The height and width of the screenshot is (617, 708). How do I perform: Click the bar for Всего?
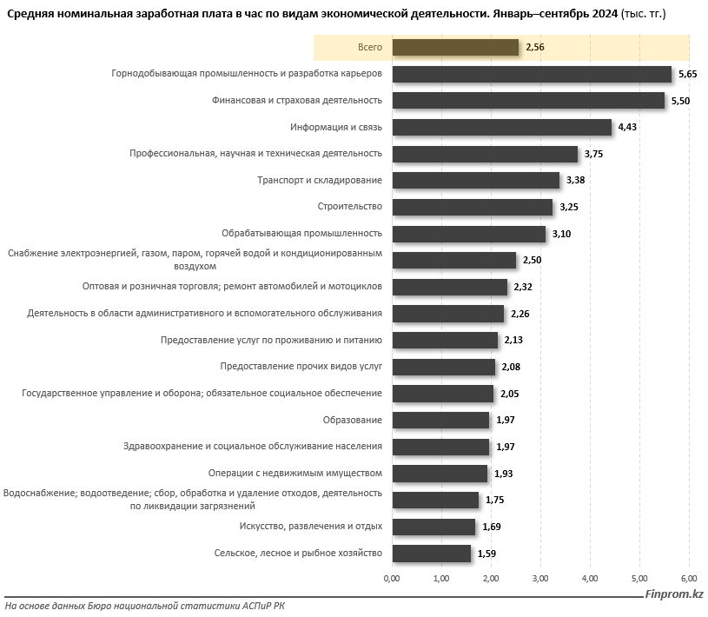tap(455, 48)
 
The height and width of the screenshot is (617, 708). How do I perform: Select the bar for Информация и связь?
tap(502, 127)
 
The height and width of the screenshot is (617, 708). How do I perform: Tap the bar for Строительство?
tap(473, 207)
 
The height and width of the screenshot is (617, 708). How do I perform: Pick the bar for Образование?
tap(440, 421)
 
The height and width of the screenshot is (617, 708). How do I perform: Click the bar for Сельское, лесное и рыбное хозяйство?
tap(431, 554)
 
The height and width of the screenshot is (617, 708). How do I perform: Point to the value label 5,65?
tap(688, 75)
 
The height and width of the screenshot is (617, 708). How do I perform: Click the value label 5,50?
tap(680, 102)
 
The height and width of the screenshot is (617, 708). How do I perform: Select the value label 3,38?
tap(575, 181)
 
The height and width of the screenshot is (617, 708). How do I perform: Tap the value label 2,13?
tap(513, 341)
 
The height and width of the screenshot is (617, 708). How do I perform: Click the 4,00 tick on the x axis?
tap(590, 578)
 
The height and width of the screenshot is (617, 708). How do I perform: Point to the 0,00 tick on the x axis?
tap(392, 578)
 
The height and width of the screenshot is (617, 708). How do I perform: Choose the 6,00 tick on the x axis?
tap(689, 578)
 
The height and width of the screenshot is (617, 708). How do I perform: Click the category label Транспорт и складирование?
tap(320, 180)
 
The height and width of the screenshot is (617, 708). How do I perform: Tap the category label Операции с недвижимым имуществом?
tap(295, 474)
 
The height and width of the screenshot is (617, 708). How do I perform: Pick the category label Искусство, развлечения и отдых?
tap(310, 527)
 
